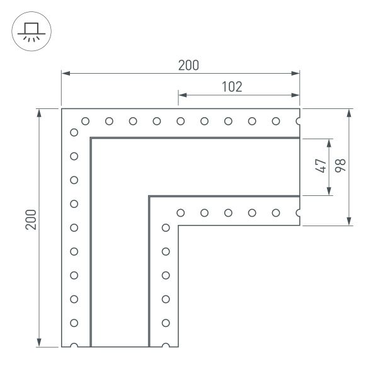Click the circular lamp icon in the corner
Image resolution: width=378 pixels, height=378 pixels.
point(27,31)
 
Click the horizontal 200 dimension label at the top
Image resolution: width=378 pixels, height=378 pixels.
point(188,65)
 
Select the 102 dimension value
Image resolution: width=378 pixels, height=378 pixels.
point(232,86)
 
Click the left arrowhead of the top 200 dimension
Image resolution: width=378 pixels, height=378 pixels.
point(65,74)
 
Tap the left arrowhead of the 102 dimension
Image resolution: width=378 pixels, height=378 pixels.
point(182,96)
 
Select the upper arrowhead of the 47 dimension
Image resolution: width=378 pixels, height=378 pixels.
point(329,142)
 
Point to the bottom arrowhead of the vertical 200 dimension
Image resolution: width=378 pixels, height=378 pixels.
point(41,343)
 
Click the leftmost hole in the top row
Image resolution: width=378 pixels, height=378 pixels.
point(85,120)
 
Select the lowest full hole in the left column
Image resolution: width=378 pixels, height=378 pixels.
point(74,322)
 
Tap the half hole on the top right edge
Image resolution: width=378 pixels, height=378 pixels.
point(299,120)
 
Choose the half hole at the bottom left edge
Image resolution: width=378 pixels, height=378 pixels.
point(74,346)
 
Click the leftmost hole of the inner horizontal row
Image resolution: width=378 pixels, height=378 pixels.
point(181,212)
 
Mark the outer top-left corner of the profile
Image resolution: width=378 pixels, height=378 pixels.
point(62,109)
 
